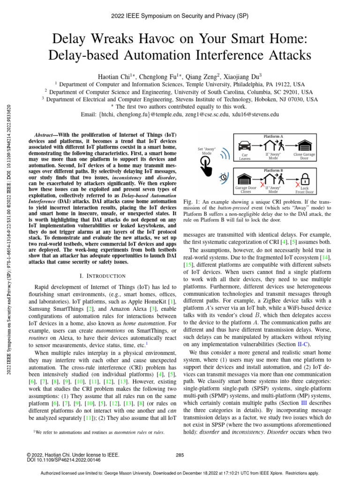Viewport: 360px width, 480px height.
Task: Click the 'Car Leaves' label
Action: click(245, 156)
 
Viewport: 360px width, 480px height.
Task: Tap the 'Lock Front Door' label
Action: click(304, 190)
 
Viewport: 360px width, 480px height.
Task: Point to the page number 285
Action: click(180, 455)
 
